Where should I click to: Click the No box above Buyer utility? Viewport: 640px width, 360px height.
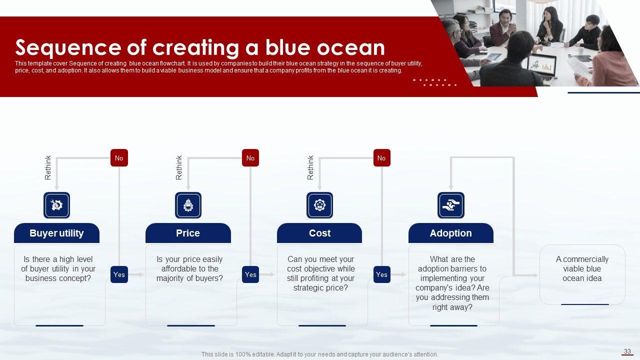[119, 157]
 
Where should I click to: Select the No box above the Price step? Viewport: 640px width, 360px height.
[250, 157]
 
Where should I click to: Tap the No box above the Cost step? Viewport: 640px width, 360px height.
[381, 157]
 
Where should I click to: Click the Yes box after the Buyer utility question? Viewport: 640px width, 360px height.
[119, 274]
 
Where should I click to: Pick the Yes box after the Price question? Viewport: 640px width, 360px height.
[250, 274]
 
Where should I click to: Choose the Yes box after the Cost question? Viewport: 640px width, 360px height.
[381, 274]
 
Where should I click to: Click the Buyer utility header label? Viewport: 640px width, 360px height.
[56, 233]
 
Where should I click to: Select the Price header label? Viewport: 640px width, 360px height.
[188, 233]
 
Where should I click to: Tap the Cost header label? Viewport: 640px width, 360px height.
[319, 233]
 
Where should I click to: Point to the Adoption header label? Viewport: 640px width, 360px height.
[451, 233]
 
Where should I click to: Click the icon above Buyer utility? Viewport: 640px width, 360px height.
[56, 205]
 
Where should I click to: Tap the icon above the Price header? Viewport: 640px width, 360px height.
[188, 205]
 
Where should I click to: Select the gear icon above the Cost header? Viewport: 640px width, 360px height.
[319, 205]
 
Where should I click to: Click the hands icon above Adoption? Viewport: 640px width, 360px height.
[451, 205]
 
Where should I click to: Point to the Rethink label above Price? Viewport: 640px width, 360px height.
[179, 167]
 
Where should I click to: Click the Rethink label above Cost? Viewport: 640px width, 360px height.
[310, 167]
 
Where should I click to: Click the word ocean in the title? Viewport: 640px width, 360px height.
[350, 48]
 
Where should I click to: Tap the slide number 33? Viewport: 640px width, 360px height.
[627, 351]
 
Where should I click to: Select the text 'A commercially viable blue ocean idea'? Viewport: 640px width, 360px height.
[582, 269]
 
